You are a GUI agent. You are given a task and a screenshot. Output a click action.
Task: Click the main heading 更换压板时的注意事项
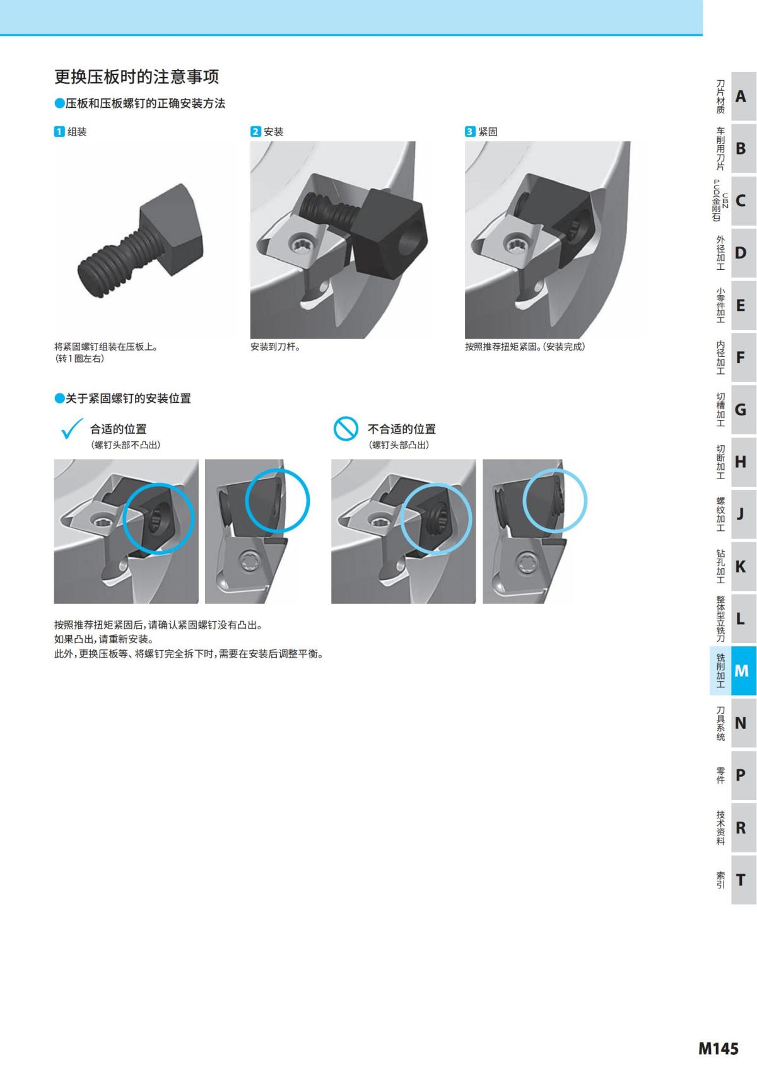[x=136, y=77]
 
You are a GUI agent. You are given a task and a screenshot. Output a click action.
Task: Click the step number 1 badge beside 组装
[x=59, y=132]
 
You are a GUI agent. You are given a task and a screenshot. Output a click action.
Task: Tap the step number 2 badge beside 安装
[x=255, y=132]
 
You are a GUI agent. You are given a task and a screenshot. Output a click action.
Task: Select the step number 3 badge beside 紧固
[x=470, y=132]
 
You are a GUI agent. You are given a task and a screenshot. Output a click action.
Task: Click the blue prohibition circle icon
[x=346, y=429]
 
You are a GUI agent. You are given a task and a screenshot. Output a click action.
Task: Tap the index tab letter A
[x=741, y=96]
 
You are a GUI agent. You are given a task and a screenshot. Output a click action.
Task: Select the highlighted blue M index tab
[x=741, y=671]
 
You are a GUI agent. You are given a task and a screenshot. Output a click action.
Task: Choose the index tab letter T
[x=741, y=880]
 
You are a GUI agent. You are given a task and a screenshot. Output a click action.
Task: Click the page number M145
[x=718, y=1049]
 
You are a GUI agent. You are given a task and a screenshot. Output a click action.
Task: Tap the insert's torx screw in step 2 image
[x=300, y=243]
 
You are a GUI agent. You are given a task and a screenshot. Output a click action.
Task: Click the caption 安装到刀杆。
[x=275, y=347]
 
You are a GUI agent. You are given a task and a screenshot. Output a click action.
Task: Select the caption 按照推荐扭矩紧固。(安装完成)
[x=524, y=347]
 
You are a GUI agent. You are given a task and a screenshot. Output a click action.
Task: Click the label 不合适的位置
[x=401, y=429]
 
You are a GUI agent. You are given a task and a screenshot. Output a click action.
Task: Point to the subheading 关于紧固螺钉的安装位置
[x=128, y=398]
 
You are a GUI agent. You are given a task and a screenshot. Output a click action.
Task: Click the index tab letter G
[x=741, y=410]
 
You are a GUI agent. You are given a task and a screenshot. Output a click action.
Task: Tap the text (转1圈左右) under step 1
[x=79, y=358]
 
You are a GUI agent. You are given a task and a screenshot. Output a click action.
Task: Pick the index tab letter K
[x=741, y=566]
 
